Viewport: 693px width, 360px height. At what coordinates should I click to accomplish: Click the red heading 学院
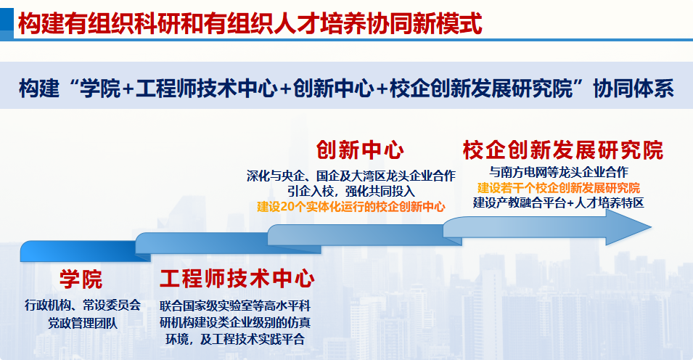81,279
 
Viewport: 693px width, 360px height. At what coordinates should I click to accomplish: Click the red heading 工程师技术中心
237,279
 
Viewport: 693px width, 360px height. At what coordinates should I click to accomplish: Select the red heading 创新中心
360,150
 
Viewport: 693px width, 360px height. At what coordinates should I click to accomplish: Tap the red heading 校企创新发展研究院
563,150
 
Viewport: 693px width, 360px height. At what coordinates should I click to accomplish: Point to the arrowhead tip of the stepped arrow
651,227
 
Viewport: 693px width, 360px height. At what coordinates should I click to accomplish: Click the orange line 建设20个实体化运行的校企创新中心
351,207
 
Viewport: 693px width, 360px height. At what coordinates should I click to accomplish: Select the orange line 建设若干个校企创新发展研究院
559,188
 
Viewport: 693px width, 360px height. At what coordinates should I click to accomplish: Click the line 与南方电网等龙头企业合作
559,173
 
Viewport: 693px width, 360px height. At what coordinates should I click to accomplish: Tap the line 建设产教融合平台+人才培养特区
559,203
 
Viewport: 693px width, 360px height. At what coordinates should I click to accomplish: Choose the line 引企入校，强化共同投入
351,192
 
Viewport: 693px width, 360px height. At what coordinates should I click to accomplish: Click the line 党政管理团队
83,323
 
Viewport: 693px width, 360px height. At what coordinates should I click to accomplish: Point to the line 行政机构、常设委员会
83,305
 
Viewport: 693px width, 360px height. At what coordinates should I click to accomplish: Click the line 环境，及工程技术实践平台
235,339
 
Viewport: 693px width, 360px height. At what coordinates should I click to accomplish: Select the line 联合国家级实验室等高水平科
235,306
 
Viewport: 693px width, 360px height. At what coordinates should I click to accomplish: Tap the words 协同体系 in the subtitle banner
633,88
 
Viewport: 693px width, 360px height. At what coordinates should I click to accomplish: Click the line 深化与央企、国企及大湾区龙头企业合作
351,176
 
